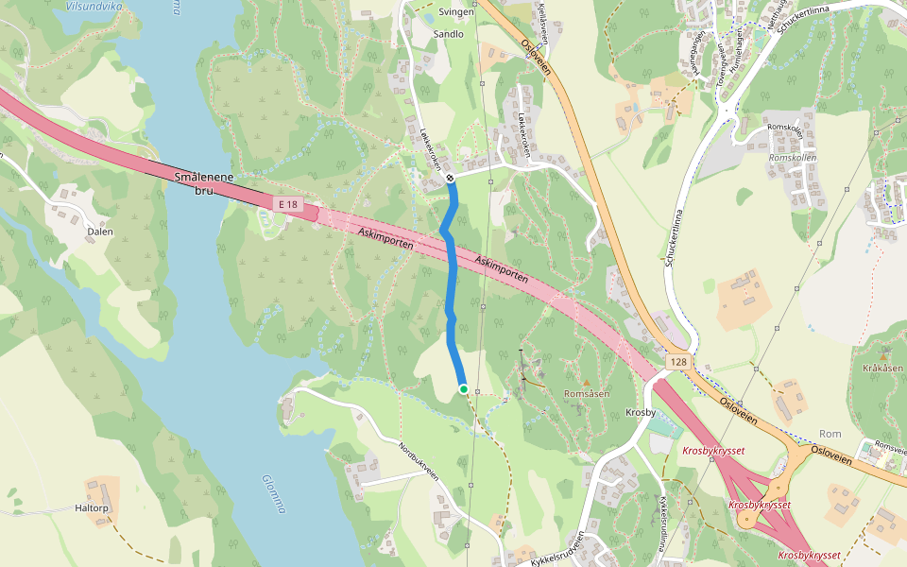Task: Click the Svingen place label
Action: click(x=456, y=13)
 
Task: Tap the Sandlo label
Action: click(x=448, y=34)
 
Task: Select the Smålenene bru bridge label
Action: click(x=203, y=183)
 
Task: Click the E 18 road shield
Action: click(x=288, y=204)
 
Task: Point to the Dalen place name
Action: click(x=99, y=232)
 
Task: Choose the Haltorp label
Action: click(x=93, y=508)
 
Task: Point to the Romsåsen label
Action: click(x=586, y=392)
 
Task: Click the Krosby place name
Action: click(x=641, y=413)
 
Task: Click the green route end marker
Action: click(x=463, y=389)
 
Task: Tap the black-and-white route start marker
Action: click(x=451, y=178)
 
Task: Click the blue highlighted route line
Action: click(x=450, y=283)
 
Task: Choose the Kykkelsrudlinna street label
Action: click(x=671, y=524)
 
